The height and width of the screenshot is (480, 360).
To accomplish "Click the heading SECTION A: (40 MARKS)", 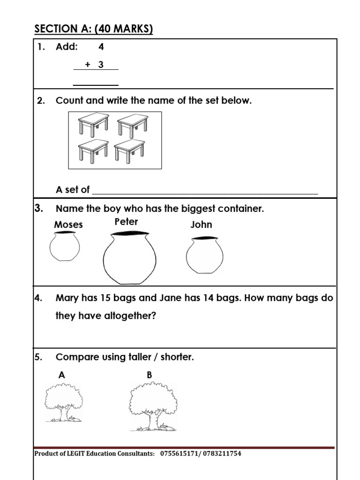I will (x=93, y=29).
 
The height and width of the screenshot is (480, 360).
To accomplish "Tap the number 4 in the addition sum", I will (x=101, y=47).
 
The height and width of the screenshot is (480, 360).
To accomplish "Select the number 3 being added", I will (x=101, y=65).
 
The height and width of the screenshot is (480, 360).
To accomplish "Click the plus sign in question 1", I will (x=87, y=65).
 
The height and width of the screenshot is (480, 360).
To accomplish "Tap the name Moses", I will (x=68, y=225).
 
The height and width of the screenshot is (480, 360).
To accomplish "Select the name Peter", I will (x=126, y=222).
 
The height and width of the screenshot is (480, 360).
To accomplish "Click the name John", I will (x=201, y=225).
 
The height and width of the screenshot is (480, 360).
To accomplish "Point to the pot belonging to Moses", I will (x=65, y=247).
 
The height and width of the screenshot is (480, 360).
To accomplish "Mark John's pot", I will (x=204, y=255).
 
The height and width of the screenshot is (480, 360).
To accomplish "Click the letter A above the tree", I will (x=61, y=375).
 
